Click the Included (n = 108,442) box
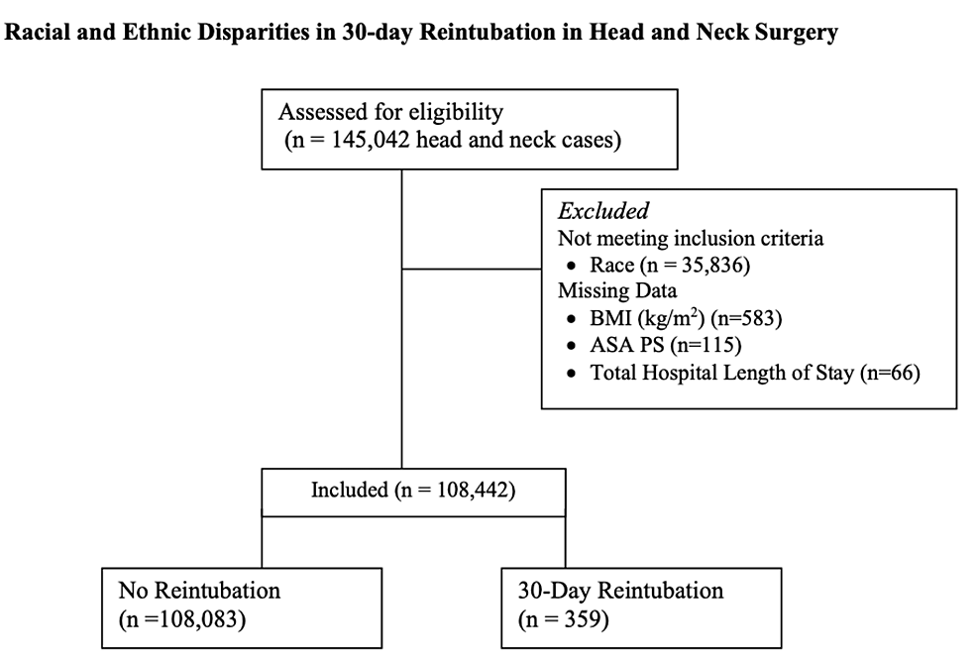tap(413, 491)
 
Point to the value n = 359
tap(562, 620)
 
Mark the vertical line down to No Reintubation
tap(262, 540)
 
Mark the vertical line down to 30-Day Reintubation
tap(565, 540)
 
